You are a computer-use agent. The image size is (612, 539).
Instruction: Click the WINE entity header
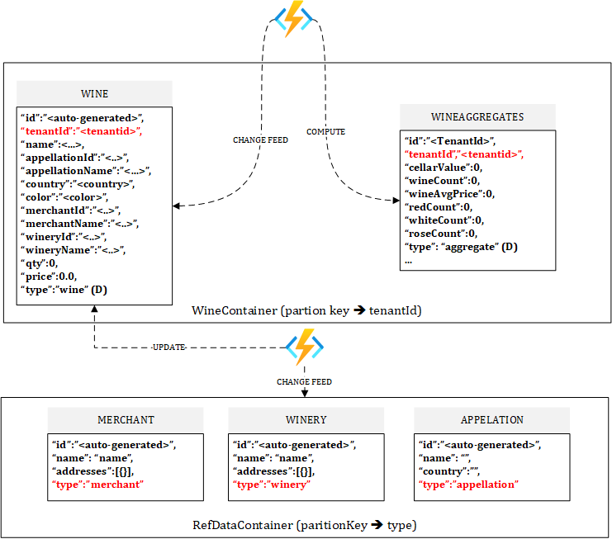[x=94, y=93]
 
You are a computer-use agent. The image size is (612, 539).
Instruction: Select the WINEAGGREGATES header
[x=477, y=116]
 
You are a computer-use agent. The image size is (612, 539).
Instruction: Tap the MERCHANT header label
[x=125, y=419]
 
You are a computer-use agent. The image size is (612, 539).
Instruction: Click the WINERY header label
[x=306, y=419]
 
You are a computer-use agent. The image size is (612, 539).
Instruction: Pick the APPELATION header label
[x=491, y=419]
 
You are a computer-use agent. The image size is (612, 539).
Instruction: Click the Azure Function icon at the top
[x=294, y=19]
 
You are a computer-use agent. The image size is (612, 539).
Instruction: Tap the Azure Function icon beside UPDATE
[x=304, y=348]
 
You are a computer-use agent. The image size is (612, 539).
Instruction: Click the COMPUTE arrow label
[x=325, y=132]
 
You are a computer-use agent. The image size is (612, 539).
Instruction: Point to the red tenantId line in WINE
[x=81, y=130]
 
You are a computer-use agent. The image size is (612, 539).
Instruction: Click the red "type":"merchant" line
[x=97, y=485]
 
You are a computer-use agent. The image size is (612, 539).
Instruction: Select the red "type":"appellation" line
[x=468, y=485]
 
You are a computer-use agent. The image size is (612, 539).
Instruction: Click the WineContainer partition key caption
[x=306, y=310]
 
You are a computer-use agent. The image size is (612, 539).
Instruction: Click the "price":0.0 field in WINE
[x=55, y=277]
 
